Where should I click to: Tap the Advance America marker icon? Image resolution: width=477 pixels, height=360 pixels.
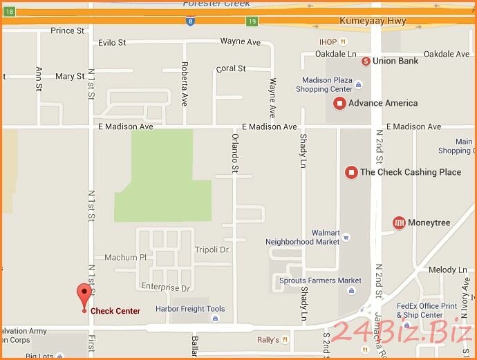[x=339, y=104]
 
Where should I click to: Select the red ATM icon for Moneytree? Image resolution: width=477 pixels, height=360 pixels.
[x=399, y=222]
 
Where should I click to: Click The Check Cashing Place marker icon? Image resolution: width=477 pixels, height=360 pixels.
[x=351, y=172]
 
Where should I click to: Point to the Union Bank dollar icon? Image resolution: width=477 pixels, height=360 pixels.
[x=366, y=61]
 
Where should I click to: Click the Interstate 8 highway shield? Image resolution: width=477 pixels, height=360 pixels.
[x=189, y=22]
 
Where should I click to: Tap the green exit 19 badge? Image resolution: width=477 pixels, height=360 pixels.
[x=253, y=22]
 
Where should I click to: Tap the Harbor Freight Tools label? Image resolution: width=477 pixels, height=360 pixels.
[x=189, y=309]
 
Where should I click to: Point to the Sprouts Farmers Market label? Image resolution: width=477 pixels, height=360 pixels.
[x=320, y=281]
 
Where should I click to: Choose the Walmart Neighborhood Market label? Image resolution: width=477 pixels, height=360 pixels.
[x=303, y=237]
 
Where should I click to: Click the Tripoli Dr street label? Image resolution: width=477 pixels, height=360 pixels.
[x=212, y=249]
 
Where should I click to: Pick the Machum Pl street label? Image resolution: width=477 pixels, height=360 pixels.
[x=125, y=258]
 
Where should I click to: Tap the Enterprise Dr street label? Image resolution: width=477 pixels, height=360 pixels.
[x=165, y=287]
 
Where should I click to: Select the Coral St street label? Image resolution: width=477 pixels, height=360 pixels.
[x=231, y=69]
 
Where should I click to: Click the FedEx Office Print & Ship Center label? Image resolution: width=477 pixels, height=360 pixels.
[x=427, y=310]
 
